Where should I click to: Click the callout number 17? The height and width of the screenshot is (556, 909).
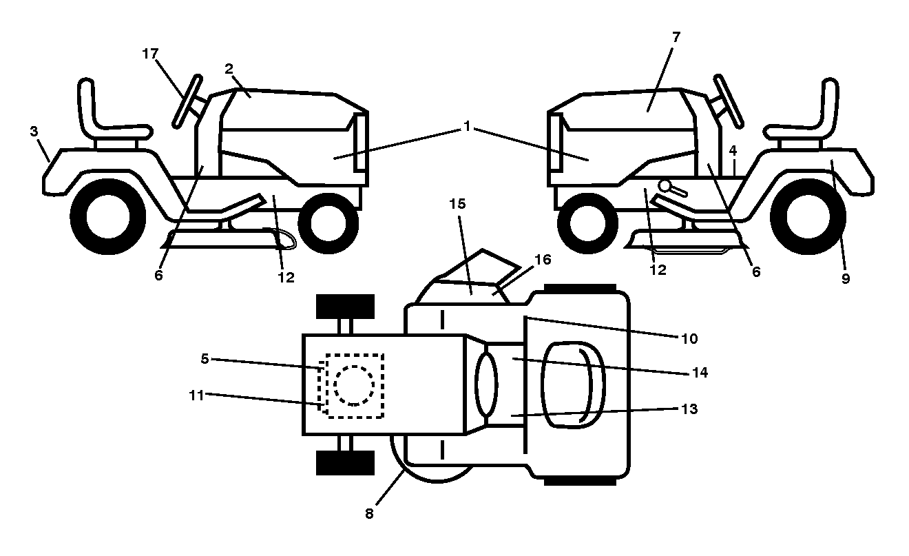150,54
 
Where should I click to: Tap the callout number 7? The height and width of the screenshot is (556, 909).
676,37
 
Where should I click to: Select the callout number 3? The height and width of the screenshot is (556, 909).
34,131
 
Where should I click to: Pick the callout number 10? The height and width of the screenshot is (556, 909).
689,338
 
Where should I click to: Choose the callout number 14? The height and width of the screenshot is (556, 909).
700,373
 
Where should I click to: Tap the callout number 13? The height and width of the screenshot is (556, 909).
689,409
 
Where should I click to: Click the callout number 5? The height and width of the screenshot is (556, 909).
205,359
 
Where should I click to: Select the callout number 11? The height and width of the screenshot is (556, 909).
197,395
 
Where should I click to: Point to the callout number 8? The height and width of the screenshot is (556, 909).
369,514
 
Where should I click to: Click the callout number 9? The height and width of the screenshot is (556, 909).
845,278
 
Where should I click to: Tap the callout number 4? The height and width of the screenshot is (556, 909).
733,151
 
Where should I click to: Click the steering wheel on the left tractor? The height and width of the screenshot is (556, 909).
187,101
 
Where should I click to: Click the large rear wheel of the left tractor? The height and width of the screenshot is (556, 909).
108,216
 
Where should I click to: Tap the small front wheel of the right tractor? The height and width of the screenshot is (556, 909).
587,223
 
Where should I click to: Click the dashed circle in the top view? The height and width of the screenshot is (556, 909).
354,385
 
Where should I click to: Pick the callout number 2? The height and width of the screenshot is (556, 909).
229,69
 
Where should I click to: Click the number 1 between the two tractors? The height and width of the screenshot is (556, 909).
467,127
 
